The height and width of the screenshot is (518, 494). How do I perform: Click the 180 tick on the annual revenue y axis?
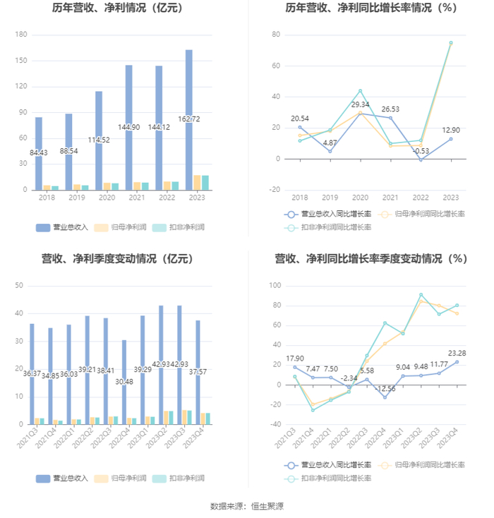pyautogui.click(x=21, y=35)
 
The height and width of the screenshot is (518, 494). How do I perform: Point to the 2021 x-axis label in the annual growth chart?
pyautogui.click(x=390, y=198)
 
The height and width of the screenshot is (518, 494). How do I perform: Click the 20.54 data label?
pyautogui.click(x=299, y=119)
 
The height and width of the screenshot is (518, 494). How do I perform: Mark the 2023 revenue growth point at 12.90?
pyautogui.click(x=450, y=139)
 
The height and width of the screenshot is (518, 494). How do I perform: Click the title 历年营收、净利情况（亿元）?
pyautogui.click(x=117, y=8)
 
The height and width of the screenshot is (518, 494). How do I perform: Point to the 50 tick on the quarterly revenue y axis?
pyautogui.click(x=19, y=286)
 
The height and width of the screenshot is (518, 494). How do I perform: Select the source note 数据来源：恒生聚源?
pyautogui.click(x=247, y=506)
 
